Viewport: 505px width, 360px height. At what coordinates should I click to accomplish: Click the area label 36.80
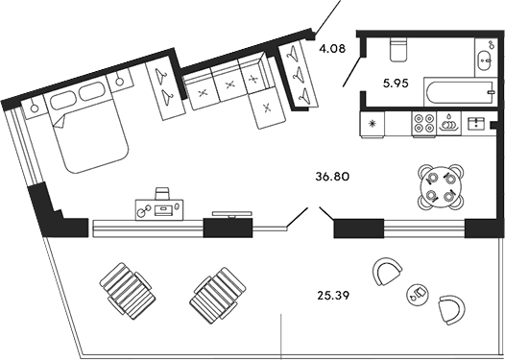click(x=338, y=177)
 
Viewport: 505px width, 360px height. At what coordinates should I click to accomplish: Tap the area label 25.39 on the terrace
click(x=332, y=294)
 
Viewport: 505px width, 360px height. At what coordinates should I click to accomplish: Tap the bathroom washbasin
click(x=481, y=60)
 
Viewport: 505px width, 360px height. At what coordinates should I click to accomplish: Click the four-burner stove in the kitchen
click(x=423, y=123)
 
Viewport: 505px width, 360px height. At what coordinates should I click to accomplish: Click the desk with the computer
click(x=159, y=204)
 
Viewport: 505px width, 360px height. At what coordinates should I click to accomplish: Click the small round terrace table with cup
click(x=419, y=293)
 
